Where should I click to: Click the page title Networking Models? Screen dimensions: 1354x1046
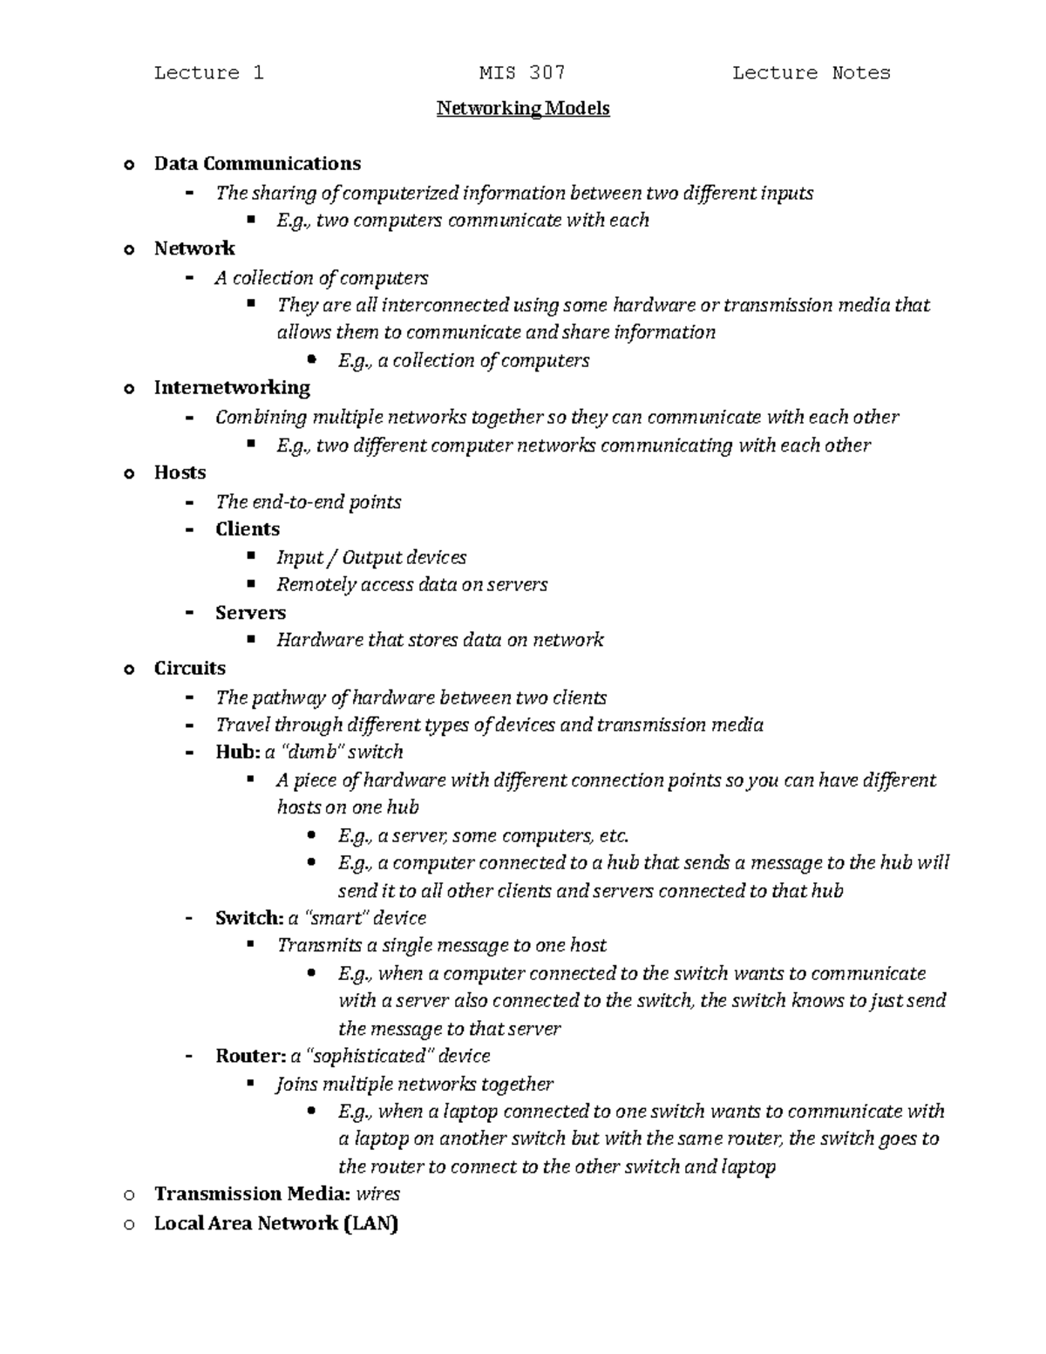pos(522,109)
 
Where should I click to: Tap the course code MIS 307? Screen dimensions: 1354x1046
pos(522,73)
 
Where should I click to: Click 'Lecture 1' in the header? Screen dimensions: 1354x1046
pos(208,73)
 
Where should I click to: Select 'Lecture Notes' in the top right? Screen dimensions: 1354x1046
pos(811,73)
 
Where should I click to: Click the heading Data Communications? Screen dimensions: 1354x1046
pos(257,164)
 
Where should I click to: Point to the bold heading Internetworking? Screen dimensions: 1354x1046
pos(232,387)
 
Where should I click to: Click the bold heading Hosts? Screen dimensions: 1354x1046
pos(180,473)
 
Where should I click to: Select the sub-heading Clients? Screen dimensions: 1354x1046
pos(248,529)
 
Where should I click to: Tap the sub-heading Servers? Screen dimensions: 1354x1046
pos(250,613)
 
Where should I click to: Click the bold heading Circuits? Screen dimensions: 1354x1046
pos(189,669)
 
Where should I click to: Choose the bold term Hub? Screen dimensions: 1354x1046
pos(237,752)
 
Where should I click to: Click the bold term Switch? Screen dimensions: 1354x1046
pos(249,918)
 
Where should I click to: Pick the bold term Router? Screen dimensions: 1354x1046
pos(250,1056)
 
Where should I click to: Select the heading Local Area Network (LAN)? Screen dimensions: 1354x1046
pos(275,1223)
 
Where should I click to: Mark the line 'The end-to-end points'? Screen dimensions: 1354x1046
pos(308,502)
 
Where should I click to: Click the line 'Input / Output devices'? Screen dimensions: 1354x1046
pos(371,558)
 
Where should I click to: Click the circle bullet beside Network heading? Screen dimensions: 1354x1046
pos(130,250)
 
